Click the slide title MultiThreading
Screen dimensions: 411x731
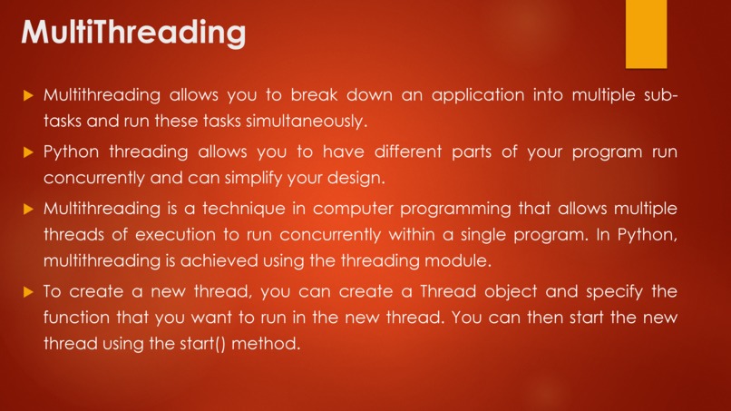pos(132,34)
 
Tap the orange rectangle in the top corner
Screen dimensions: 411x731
pos(646,34)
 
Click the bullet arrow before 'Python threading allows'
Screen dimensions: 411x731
pos(28,152)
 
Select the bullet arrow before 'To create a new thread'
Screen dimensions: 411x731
pos(28,292)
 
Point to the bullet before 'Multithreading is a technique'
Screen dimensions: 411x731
pos(28,209)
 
